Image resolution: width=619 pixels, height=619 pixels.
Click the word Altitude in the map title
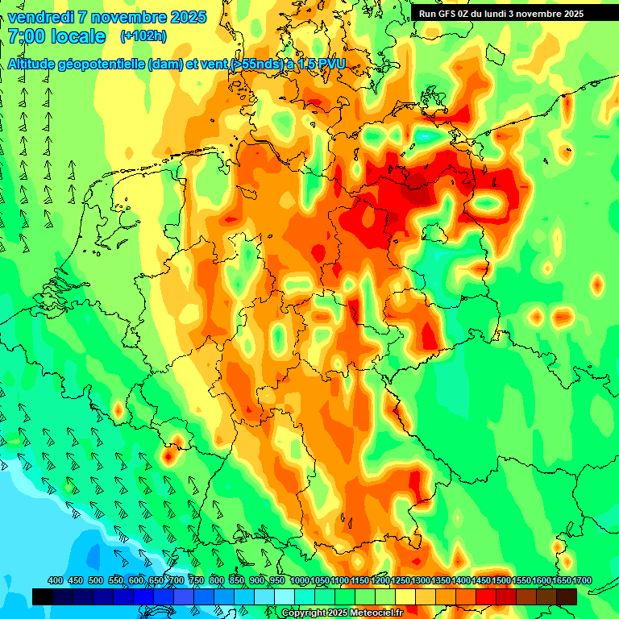coord(35,64)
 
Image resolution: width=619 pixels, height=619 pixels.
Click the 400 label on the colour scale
coord(56,581)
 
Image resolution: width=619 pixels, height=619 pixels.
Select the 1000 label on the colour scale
coord(299,581)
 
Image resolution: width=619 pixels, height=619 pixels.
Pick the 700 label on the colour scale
coord(177,581)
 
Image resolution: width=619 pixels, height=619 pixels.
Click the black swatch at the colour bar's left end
coord(42,596)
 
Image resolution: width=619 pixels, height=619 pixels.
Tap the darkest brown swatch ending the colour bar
coord(567,596)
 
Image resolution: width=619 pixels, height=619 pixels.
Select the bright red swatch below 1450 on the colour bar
coord(486,596)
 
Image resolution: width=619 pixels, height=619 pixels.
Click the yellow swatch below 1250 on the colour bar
coord(405,596)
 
